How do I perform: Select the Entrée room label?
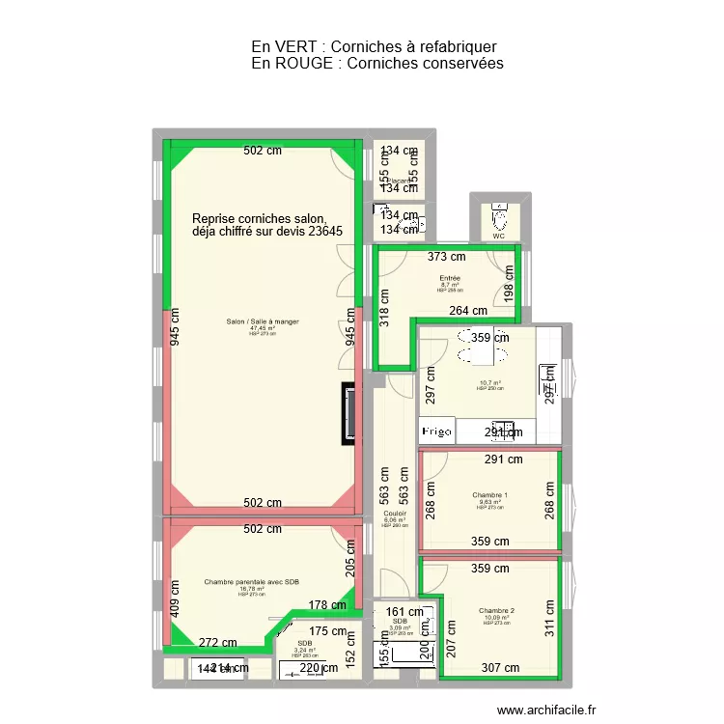[451, 278]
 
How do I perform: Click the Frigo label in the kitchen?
[435, 432]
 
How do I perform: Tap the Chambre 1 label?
[490, 495]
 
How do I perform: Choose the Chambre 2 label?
[496, 611]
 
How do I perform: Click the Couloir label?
[395, 514]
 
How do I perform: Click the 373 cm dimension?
[446, 257]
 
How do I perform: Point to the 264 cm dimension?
[468, 311]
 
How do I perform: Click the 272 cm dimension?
[218, 643]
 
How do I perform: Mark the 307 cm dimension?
[500, 667]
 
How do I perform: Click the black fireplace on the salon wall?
[348, 413]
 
